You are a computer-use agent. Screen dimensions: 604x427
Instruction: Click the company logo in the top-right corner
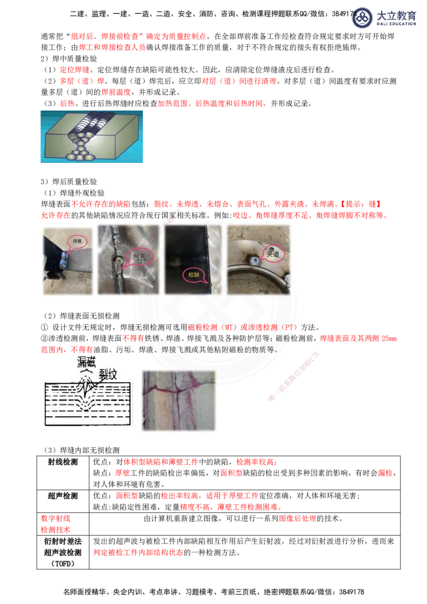click(384, 17)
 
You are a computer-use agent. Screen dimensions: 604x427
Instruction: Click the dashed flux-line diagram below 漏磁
click(85, 400)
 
